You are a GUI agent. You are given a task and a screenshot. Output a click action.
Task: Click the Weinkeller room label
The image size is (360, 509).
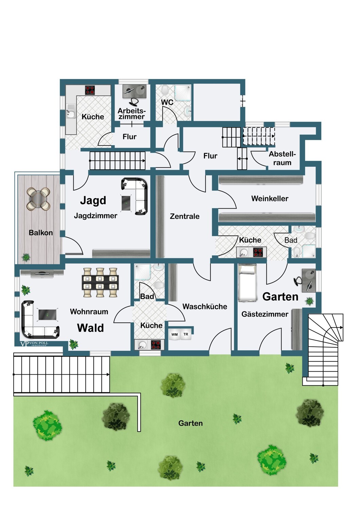pos(270,199)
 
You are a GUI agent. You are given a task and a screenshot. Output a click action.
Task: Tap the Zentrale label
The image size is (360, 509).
pos(184,216)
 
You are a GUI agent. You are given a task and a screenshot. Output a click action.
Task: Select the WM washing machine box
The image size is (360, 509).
pos(175,335)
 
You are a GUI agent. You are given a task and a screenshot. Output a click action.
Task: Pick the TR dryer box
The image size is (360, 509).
pos(186,335)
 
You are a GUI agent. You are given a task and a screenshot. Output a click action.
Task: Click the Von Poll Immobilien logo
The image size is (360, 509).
pos(34,343)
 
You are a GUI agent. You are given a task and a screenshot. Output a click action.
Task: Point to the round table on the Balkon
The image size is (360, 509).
pos(38,199)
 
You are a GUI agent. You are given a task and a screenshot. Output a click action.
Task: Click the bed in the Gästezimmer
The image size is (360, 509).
pos(247,283)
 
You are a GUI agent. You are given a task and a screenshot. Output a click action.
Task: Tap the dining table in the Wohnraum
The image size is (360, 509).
pos(100,282)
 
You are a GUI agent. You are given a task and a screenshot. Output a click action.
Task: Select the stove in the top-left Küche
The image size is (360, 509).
pos(90,90)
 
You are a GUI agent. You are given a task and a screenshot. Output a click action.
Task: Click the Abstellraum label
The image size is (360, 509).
pos(282,158)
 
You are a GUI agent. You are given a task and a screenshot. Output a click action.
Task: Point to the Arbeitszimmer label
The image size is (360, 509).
pos(131,114)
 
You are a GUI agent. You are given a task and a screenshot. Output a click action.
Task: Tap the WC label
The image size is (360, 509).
pos(167,102)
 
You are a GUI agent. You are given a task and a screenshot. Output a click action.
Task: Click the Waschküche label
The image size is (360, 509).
pos(205,306)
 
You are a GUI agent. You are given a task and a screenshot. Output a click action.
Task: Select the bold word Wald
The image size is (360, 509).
pos(90,328)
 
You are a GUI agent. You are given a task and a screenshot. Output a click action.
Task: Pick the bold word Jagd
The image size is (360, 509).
pos(93,201)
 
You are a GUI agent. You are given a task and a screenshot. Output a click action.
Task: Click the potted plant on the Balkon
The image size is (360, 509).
pos(26,258)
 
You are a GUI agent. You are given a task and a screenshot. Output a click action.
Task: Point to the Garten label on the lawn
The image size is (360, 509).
pos(190,423)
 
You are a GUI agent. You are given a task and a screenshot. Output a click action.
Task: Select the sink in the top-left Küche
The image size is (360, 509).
pos(71,111)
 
